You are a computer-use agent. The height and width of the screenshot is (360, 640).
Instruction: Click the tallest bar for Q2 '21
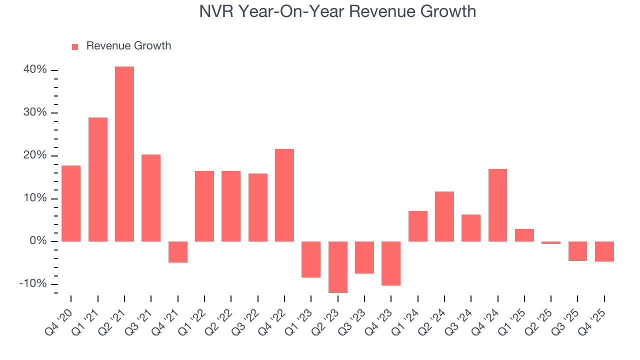pos(124,154)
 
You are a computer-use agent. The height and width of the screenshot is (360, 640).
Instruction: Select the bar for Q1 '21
pos(98,179)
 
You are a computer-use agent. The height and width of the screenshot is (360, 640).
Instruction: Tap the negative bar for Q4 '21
pos(178,252)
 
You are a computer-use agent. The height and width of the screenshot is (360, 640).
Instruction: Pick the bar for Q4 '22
pos(284,195)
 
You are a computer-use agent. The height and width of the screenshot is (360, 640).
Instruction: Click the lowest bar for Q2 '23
pos(338,267)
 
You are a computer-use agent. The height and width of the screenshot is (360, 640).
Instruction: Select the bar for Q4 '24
pos(497,205)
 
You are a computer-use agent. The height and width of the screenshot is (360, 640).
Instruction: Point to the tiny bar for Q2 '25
pos(551,242)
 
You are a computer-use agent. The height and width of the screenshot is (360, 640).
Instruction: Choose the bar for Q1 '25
pos(524,235)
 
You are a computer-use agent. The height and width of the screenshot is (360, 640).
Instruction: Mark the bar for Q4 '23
pos(391,263)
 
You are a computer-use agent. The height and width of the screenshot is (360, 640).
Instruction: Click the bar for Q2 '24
pos(444,216)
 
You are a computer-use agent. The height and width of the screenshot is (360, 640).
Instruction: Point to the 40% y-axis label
pos(35,70)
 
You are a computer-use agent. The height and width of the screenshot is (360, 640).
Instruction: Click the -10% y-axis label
pos(33,284)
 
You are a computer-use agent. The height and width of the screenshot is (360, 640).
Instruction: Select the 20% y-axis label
pos(35,155)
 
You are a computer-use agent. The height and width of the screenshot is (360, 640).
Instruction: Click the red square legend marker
pos(75,46)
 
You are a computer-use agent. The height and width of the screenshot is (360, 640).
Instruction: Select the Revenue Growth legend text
pos(128,46)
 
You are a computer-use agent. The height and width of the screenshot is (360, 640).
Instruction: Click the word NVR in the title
pos(216,11)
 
